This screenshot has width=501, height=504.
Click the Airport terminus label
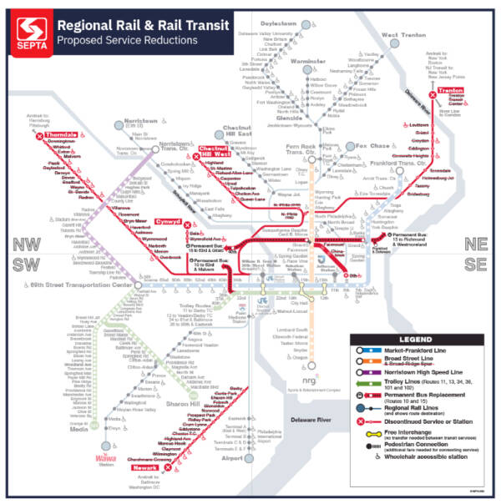234,458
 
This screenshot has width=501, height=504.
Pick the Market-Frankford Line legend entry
417,351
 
